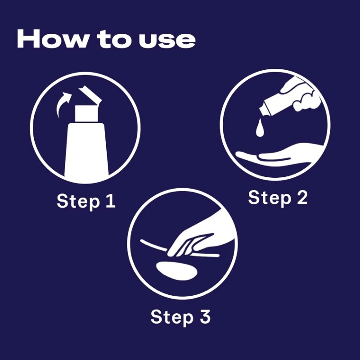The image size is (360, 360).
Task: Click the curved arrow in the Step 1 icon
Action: pyautogui.click(x=63, y=104)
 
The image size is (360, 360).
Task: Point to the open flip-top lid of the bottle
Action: pyautogui.click(x=90, y=94)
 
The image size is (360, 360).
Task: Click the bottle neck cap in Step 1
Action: pyautogui.click(x=86, y=113)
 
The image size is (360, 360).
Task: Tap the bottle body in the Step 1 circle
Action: pyautogui.click(x=86, y=150)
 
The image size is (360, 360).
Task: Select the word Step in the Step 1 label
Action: pyautogui.click(x=78, y=202)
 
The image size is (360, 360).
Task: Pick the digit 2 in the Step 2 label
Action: pyautogui.click(x=302, y=198)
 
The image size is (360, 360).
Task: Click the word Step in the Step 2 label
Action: pyautogui.click(x=270, y=198)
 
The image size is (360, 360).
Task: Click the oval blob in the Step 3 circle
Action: pyautogui.click(x=176, y=271)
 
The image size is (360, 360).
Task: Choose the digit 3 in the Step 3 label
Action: pyautogui.click(x=205, y=317)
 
